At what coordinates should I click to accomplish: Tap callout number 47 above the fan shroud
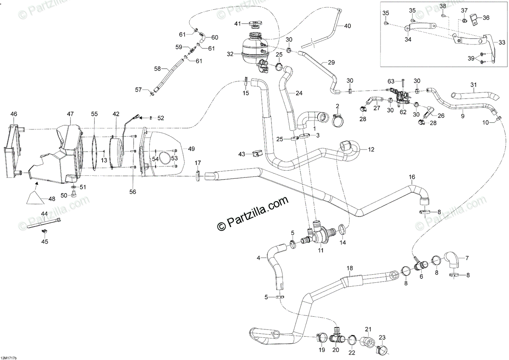(70, 114)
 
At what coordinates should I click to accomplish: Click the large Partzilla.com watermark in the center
(252, 213)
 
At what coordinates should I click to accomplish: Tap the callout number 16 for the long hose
(411, 177)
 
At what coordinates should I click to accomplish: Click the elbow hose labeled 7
(454, 260)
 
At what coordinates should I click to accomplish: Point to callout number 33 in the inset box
(502, 42)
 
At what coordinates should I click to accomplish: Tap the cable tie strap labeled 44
(44, 222)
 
